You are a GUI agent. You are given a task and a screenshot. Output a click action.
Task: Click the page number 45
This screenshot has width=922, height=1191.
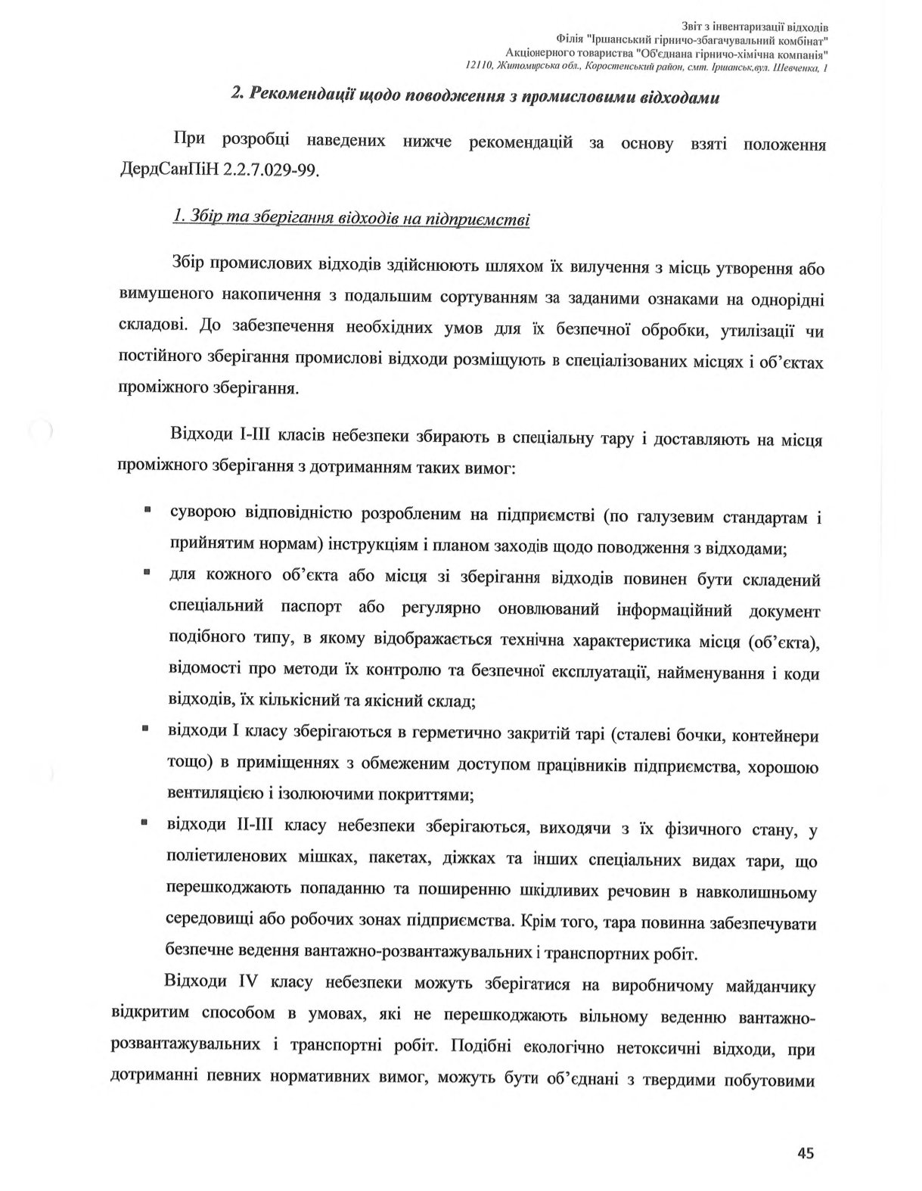[805, 1153]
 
